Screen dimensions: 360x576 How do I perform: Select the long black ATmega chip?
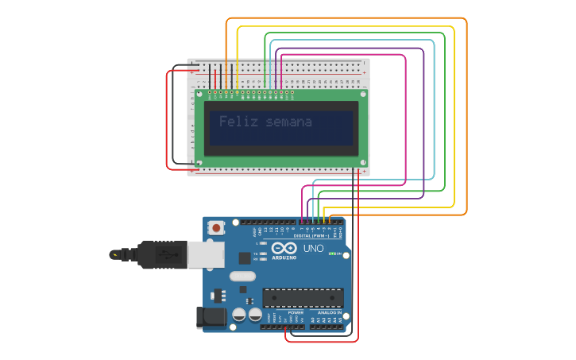click(x=303, y=297)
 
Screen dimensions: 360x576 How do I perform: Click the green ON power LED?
click(x=333, y=254)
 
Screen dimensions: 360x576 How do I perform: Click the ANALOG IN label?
click(x=329, y=313)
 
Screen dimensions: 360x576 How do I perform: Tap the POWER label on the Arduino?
click(x=296, y=313)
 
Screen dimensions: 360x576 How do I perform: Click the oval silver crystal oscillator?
click(x=243, y=277)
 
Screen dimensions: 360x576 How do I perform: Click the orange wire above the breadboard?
click(x=346, y=18)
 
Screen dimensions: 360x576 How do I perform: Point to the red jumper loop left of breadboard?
click(x=167, y=119)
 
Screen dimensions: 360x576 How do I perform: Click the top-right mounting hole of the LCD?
click(x=362, y=94)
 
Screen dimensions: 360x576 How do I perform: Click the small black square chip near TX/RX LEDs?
click(x=244, y=257)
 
